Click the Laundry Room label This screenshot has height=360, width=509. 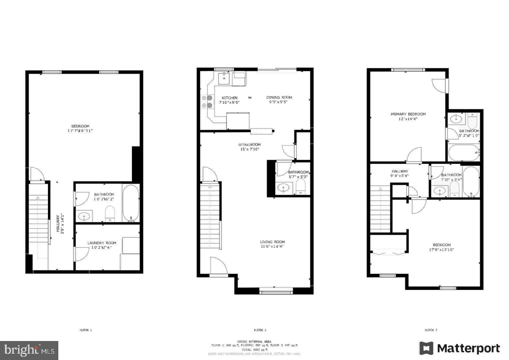click(102, 243)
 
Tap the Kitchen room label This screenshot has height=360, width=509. click(230, 98)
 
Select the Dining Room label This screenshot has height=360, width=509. click(279, 97)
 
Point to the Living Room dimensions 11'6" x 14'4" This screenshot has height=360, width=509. click(272, 247)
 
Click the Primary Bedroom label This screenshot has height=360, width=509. click(408, 114)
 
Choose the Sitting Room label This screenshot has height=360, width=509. click(249, 145)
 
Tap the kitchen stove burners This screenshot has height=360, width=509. click(207, 101)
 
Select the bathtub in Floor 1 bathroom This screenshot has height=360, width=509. click(130, 203)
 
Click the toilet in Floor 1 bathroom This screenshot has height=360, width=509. click(110, 213)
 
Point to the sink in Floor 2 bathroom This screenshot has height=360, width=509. click(284, 188)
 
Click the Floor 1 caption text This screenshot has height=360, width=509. click(86, 330)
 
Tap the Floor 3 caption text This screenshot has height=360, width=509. click(431, 330)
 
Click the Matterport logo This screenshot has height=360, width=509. click(460, 348)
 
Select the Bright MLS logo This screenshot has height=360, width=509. click(29, 350)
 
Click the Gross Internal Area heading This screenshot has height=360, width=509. click(254, 341)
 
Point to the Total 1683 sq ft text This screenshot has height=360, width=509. click(254, 350)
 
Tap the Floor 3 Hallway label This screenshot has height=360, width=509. click(400, 171)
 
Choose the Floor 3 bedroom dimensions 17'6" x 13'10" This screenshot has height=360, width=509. click(441, 250)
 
